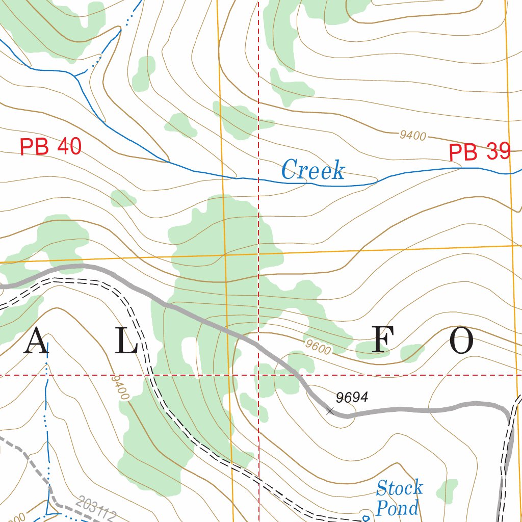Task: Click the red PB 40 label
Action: click(50, 147)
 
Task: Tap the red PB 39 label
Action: click(479, 152)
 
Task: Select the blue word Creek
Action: click(312, 170)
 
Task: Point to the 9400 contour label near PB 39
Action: click(412, 135)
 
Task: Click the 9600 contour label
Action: click(318, 347)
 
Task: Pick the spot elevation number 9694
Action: click(352, 398)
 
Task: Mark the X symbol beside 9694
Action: click(330, 411)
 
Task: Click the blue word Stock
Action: click(399, 488)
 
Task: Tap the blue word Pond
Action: click(397, 508)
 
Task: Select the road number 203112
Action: click(95, 509)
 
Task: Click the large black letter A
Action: click(36, 341)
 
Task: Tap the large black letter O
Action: click(461, 341)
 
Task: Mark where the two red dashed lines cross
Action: click(258, 375)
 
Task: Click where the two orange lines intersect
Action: click(225, 254)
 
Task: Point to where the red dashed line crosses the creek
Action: click(258, 180)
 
